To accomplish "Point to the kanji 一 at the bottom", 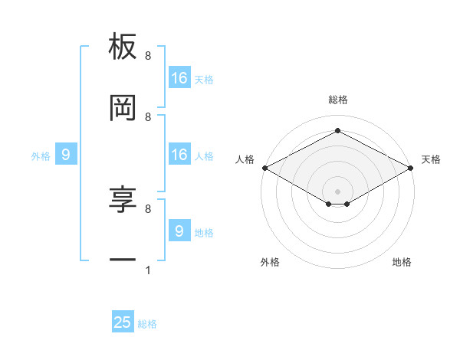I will (123, 261).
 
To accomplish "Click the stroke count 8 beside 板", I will (147, 56).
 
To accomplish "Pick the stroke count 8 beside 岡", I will (147, 116).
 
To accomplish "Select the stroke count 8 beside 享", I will (147, 208).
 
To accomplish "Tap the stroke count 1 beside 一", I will (147, 270).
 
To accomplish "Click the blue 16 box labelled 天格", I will (179, 78).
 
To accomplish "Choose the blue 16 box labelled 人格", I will (179, 155).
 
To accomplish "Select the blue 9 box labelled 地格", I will (179, 231).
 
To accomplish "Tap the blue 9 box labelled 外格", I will (66, 155).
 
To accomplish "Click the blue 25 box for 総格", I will (123, 322).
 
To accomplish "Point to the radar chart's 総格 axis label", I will (338, 100).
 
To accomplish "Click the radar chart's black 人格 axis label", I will (245, 159).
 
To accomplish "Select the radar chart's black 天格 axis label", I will (431, 159).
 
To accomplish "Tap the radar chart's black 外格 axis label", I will (270, 262).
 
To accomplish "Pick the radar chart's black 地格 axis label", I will (402, 262).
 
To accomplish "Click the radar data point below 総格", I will (338, 131).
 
